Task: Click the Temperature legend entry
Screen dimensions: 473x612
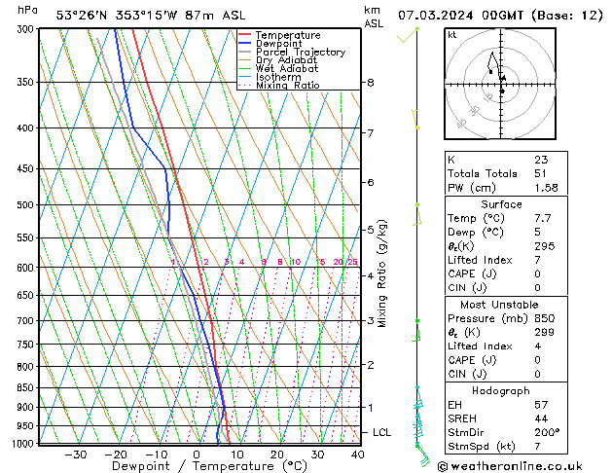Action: (288, 35)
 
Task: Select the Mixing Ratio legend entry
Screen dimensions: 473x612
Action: (283, 86)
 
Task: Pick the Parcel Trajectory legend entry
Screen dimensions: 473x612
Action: (300, 53)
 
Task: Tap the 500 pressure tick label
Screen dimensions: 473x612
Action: (27, 205)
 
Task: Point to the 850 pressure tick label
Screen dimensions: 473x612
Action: (27, 387)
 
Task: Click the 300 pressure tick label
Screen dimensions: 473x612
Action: (27, 29)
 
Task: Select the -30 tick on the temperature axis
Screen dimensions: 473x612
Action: (75, 455)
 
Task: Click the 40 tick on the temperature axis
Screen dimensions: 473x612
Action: (357, 455)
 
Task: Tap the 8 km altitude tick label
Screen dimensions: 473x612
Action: (371, 83)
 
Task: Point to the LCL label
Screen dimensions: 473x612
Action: (382, 432)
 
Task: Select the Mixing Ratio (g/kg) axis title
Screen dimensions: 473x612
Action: (383, 273)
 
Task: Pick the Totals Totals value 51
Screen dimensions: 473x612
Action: (541, 173)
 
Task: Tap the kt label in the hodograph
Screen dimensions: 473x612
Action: (451, 35)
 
